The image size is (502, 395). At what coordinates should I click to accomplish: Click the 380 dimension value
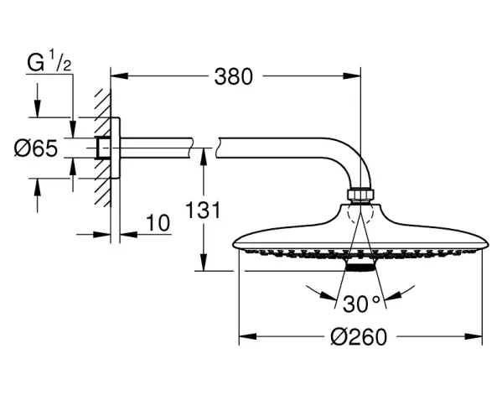point(233,77)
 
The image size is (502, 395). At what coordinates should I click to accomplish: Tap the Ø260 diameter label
point(359,337)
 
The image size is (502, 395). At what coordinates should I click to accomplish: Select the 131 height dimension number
point(204,210)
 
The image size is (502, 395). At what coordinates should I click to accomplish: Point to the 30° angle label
point(361,304)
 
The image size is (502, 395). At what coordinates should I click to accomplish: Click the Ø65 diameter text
point(36,148)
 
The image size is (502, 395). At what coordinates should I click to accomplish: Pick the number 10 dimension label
point(158,223)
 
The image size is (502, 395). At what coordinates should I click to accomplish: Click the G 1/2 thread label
point(49,62)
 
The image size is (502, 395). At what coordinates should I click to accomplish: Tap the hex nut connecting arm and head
point(360,195)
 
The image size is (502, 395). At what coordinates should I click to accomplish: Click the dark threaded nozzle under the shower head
point(360,268)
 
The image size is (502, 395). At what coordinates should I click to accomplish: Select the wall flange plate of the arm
point(116,148)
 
